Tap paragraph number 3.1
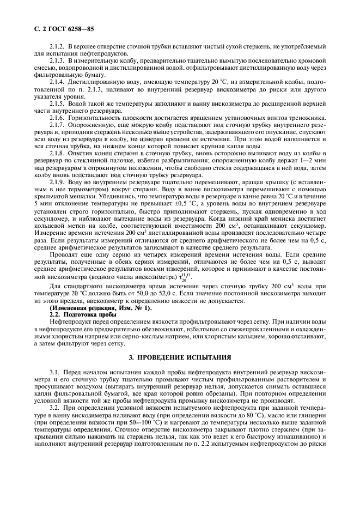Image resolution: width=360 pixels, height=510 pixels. tap(54, 372)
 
